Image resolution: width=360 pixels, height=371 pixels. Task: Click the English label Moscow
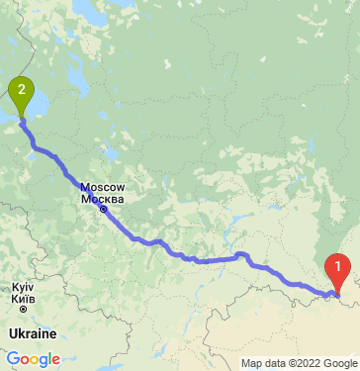click(x=103, y=187)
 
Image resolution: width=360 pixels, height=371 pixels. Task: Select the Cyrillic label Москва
click(x=103, y=198)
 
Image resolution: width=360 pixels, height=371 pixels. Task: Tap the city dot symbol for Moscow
click(x=102, y=209)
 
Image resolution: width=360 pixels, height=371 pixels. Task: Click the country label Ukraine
click(x=32, y=334)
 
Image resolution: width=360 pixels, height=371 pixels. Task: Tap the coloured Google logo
click(x=33, y=359)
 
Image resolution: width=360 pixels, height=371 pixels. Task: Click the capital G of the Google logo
click(x=13, y=359)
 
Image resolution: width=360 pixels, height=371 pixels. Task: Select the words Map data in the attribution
click(x=262, y=363)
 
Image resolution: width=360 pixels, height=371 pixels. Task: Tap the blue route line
click(x=198, y=261)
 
